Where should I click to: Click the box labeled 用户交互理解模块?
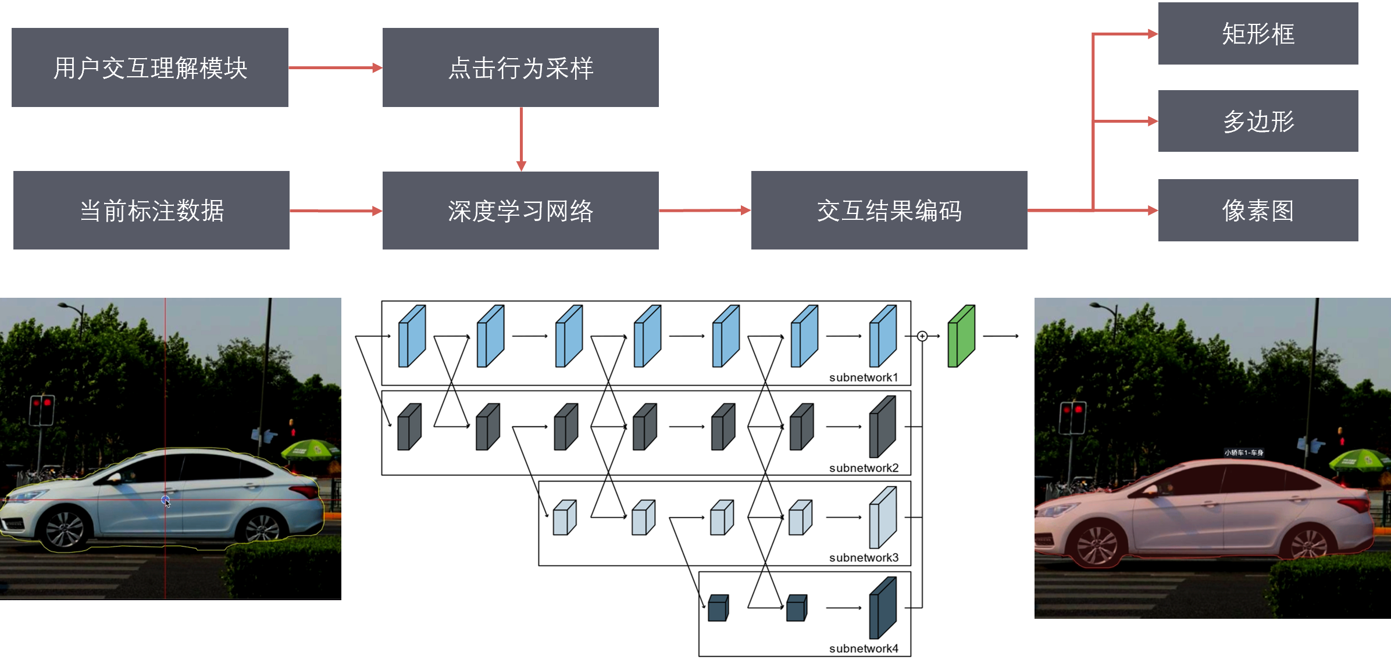pos(150,67)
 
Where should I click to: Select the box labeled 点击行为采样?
pos(520,67)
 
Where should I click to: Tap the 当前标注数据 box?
pos(151,211)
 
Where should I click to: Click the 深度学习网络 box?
pos(520,211)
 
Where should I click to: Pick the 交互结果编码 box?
pos(889,211)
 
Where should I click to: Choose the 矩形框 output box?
pos(1258,34)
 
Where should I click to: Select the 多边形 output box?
pos(1258,121)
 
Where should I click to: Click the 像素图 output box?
pos(1258,211)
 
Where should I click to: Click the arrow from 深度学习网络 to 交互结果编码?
pos(704,211)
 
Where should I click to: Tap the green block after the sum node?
pos(961,336)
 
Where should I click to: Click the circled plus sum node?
pos(922,336)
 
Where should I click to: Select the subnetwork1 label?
pos(864,377)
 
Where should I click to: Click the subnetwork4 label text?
pos(864,648)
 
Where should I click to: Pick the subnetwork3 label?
pos(864,558)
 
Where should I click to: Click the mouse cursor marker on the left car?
pos(166,501)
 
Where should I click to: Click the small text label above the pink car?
pos(1243,452)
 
